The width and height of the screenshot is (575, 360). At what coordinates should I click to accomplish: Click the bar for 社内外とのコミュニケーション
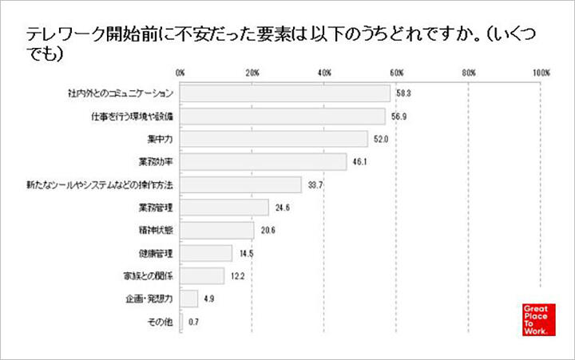pyautogui.click(x=285, y=94)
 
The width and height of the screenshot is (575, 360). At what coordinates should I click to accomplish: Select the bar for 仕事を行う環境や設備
pyautogui.click(x=283, y=117)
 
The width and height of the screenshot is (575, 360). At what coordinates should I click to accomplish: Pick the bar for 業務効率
pyautogui.click(x=264, y=163)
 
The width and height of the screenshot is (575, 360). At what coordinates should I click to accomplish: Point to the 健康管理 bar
pyautogui.click(x=206, y=254)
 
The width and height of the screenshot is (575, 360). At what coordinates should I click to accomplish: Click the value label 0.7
pyautogui.click(x=194, y=322)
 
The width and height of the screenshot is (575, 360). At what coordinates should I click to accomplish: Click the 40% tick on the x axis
pyautogui.click(x=324, y=73)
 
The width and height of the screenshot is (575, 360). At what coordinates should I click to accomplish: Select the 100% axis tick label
pyautogui.click(x=541, y=73)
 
